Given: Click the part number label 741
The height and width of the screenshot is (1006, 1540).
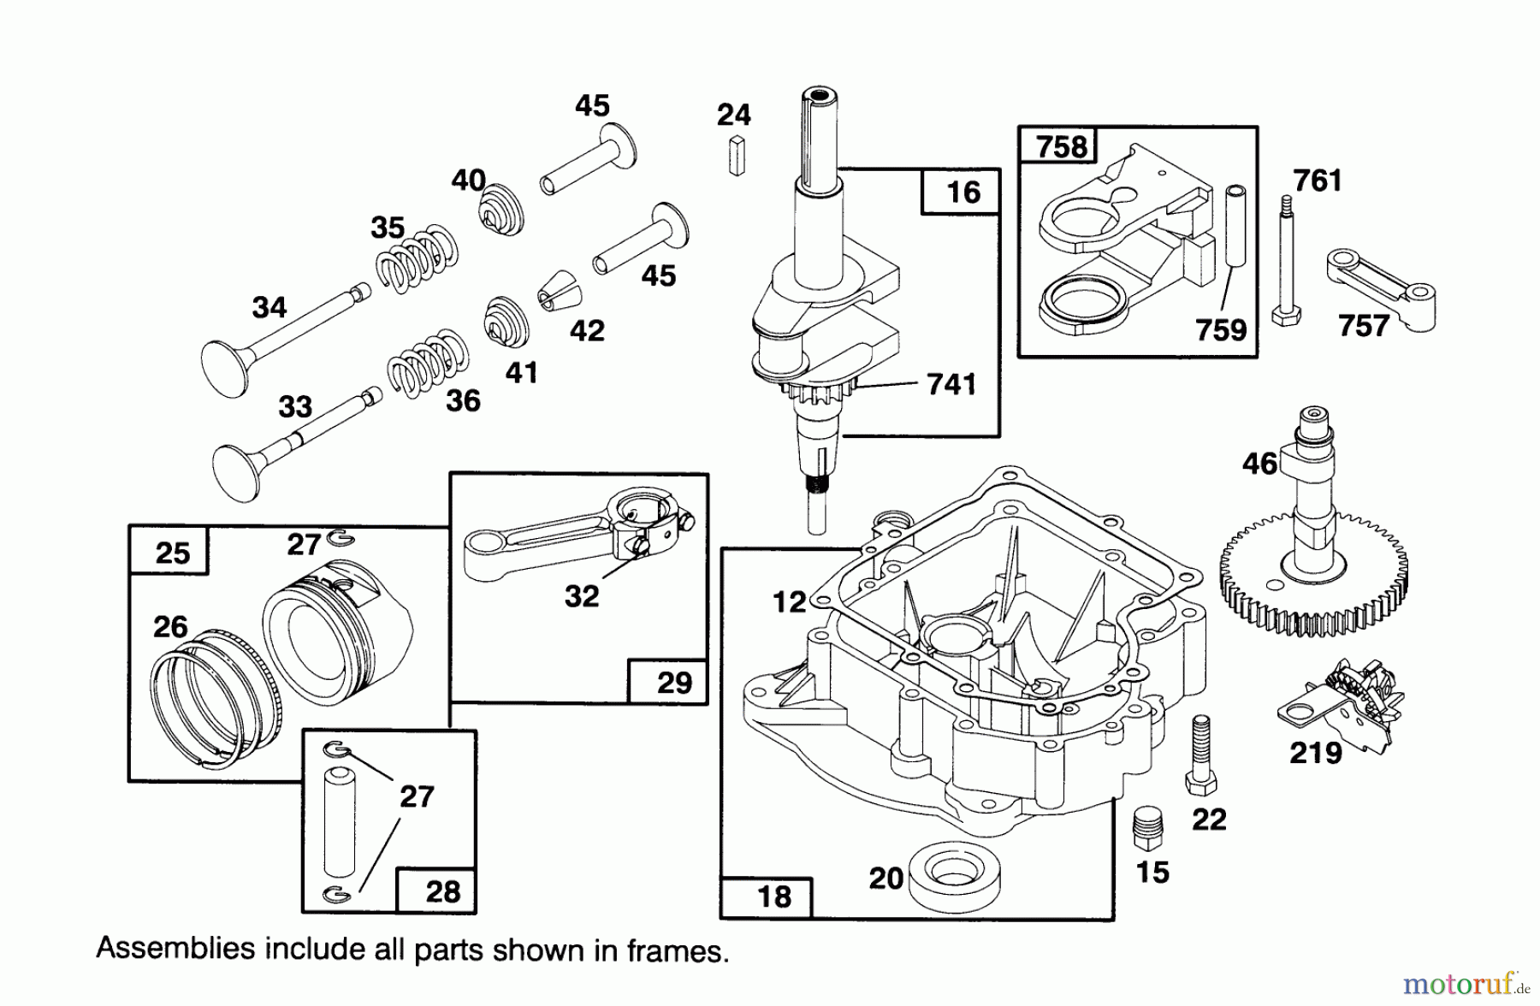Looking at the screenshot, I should pos(951,384).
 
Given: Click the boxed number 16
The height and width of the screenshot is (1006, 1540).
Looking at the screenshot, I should pos(962,192).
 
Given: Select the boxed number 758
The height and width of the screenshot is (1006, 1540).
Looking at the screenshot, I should pos(1060,147).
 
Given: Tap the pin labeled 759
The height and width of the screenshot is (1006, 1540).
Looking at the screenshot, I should pos(1235,225).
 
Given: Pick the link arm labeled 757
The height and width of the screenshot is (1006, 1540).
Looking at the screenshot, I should pos(1379,287).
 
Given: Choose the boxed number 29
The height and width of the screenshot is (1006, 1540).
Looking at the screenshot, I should pos(673,682).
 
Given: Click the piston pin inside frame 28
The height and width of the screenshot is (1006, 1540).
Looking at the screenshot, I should pos(334,820).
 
